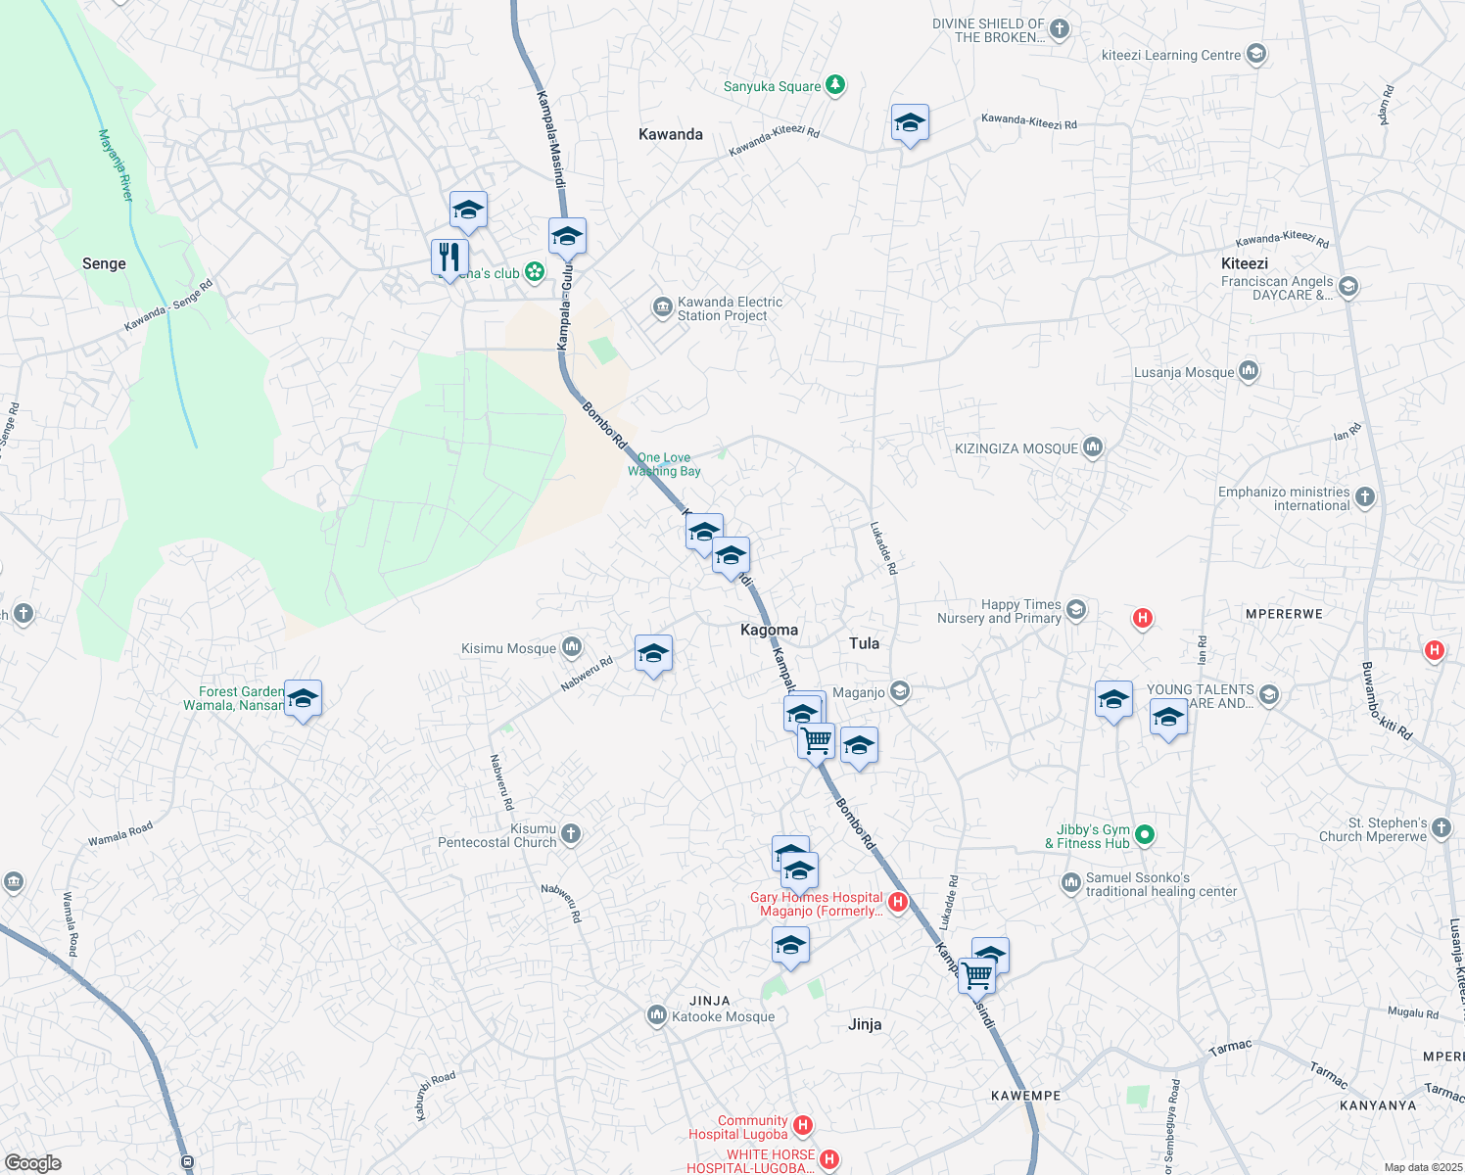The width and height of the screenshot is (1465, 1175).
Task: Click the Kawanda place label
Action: click(671, 134)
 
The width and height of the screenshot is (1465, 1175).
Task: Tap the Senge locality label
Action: click(104, 263)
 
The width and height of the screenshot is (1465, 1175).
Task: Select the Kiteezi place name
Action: click(1245, 263)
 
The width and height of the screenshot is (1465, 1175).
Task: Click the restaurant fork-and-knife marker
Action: click(449, 258)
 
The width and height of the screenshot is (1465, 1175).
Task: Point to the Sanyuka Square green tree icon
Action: click(835, 86)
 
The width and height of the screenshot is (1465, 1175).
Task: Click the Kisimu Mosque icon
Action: click(572, 647)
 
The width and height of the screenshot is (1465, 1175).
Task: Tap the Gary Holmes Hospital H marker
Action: click(898, 902)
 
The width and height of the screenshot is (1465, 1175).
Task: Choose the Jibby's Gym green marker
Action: click(1145, 835)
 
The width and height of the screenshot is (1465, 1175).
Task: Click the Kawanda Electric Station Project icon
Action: click(663, 308)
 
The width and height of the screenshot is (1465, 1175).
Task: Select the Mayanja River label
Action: click(116, 165)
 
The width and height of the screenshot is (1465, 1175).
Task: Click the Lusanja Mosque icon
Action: click(1249, 371)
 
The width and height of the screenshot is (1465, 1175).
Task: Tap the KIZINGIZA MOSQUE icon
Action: click(1093, 447)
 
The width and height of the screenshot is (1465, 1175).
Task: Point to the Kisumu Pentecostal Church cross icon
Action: click(571, 834)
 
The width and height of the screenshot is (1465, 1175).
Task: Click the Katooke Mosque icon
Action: click(657, 1015)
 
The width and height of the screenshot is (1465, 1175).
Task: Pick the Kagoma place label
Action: click(769, 630)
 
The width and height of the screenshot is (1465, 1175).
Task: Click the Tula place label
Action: click(864, 643)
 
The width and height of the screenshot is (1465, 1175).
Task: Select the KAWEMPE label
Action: click(1025, 1096)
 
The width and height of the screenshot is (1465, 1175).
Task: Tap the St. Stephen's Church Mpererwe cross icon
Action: click(1441, 828)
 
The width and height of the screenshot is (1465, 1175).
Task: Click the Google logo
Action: click(33, 1163)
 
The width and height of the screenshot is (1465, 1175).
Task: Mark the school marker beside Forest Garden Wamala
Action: click(303, 699)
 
